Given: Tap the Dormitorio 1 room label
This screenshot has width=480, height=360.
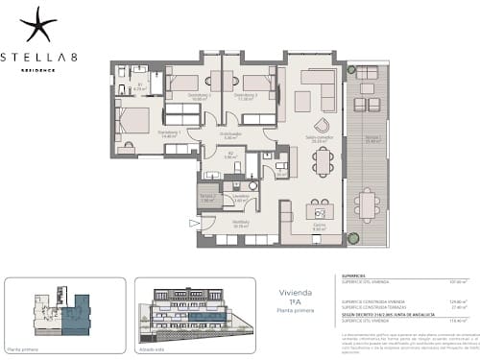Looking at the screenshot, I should click(x=142, y=132).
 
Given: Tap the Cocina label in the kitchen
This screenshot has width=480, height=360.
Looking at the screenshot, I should click(x=320, y=227).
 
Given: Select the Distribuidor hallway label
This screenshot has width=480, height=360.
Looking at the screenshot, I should click(x=229, y=134).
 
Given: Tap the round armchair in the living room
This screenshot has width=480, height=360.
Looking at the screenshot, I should click(x=322, y=124).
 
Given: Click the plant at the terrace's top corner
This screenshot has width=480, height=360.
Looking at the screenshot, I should click(x=351, y=72).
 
